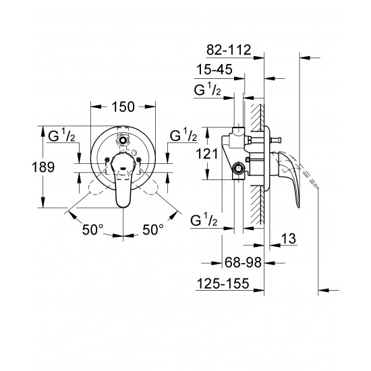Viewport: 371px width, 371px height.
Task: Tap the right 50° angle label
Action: pos(152,230)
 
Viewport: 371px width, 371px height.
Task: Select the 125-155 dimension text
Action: pos(224,285)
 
